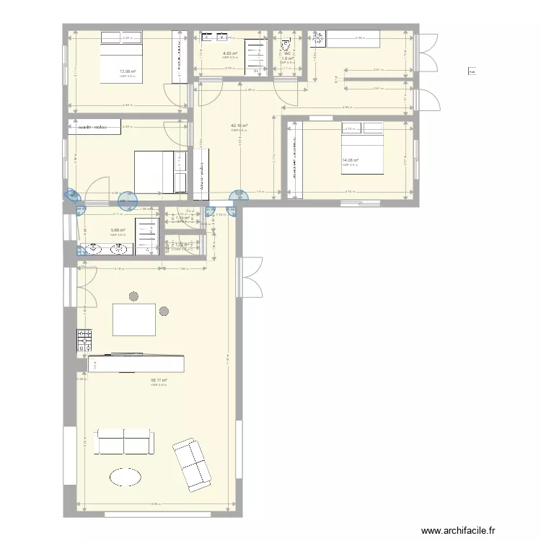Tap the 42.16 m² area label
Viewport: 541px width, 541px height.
[239, 126]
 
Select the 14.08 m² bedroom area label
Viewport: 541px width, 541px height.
[350, 160]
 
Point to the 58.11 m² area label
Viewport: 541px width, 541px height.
[159, 380]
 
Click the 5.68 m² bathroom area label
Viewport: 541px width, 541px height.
[118, 230]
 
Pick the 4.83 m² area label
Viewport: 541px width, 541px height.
[230, 53]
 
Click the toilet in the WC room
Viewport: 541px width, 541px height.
[286, 43]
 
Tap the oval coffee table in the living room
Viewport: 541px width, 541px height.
[126, 477]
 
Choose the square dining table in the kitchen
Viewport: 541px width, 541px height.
[135, 320]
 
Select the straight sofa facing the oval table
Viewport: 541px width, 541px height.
[124, 441]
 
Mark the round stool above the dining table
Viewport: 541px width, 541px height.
[133, 296]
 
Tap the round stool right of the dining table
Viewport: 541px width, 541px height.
[164, 312]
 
